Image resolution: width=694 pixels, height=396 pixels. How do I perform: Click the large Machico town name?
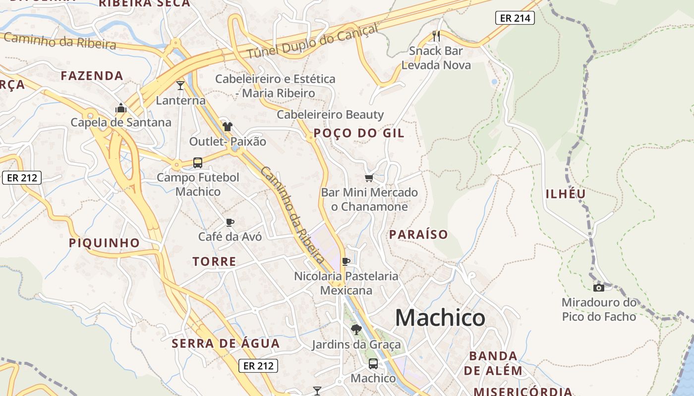pyautogui.click(x=440, y=318)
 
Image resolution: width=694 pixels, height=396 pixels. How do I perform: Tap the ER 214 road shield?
pyautogui.click(x=515, y=18)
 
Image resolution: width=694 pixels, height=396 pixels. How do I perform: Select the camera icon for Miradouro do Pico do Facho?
pyautogui.click(x=598, y=288)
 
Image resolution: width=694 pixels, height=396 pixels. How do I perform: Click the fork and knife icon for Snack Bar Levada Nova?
pyautogui.click(x=436, y=36)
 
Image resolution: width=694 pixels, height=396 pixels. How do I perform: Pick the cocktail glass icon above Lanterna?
pyautogui.click(x=180, y=86)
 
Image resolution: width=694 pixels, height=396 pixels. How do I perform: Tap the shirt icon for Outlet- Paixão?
pyautogui.click(x=227, y=127)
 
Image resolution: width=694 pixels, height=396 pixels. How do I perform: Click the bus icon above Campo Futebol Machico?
pyautogui.click(x=197, y=162)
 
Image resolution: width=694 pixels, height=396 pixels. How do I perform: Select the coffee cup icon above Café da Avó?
pyautogui.click(x=230, y=222)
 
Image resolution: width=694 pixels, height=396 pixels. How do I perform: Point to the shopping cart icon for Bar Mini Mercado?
pyautogui.click(x=369, y=178)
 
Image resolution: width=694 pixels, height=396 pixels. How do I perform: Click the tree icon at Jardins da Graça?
pyautogui.click(x=356, y=329)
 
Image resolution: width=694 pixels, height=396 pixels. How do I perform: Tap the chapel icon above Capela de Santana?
pyautogui.click(x=121, y=107)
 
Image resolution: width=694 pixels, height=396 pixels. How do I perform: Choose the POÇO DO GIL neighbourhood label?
pyautogui.click(x=359, y=133)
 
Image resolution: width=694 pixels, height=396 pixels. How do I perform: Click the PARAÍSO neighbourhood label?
pyautogui.click(x=418, y=235)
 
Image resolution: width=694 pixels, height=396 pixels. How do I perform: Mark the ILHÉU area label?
pyautogui.click(x=566, y=194)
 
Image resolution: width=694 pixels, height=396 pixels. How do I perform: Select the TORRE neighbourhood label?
pyautogui.click(x=214, y=261)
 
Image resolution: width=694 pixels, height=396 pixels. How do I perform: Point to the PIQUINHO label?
pyautogui.click(x=104, y=243)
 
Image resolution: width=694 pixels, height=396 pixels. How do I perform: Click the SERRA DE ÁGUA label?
pyautogui.click(x=226, y=344)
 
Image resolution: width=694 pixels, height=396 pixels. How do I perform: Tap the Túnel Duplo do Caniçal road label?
pyautogui.click(x=312, y=41)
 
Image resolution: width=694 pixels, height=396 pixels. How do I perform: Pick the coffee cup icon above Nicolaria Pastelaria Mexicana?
pyautogui.click(x=346, y=261)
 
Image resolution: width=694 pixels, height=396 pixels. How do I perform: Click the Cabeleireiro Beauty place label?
pyautogui.click(x=330, y=115)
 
